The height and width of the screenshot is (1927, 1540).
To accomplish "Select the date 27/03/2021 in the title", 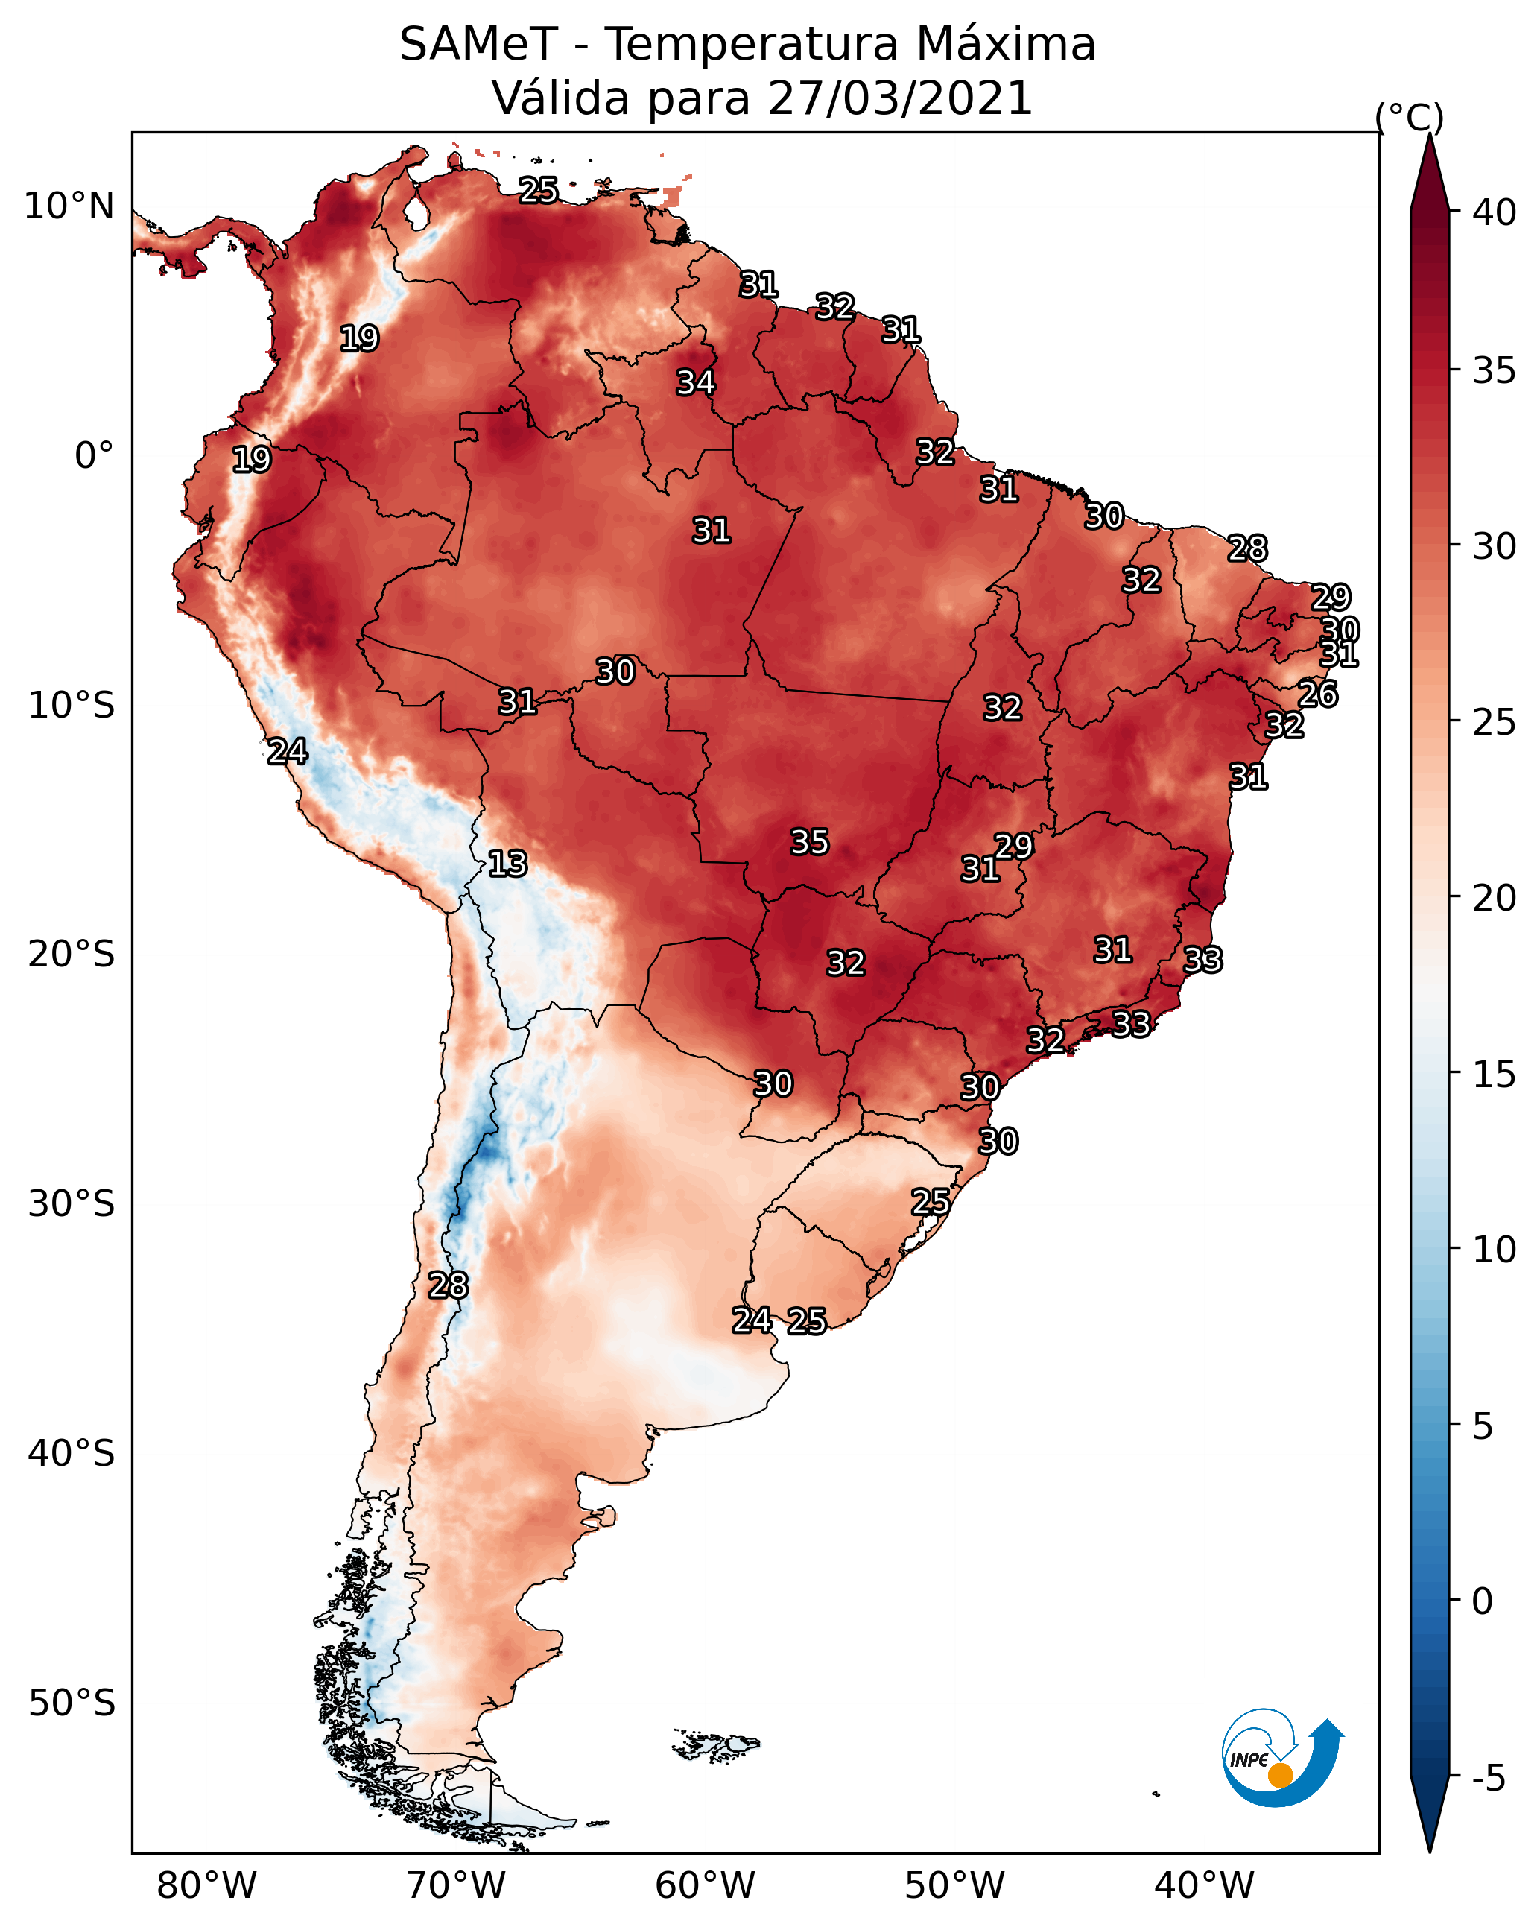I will (x=899, y=98).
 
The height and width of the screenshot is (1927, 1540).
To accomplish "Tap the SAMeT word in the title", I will (x=478, y=45).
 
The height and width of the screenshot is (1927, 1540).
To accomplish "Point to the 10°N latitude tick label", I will (x=69, y=206).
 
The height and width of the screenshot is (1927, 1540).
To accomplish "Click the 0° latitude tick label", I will (x=94, y=456).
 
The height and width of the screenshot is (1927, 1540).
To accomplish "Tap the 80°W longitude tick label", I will (x=206, y=1885).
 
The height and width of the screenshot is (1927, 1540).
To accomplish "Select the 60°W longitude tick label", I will (x=706, y=1885).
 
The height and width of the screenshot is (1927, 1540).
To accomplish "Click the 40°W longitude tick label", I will (x=1204, y=1885).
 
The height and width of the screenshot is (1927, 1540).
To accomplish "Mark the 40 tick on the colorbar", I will (x=1495, y=212).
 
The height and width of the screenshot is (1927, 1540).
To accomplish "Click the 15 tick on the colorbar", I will (x=1495, y=1074).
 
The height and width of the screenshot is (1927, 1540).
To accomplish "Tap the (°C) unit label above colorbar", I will (x=1410, y=117).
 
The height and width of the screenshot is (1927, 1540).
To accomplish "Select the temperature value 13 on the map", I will (x=507, y=864).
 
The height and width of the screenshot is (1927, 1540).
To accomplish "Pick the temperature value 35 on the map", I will (x=810, y=842).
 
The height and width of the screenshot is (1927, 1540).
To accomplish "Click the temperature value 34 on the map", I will (x=695, y=382).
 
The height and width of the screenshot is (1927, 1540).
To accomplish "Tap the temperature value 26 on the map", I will (x=1317, y=694).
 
